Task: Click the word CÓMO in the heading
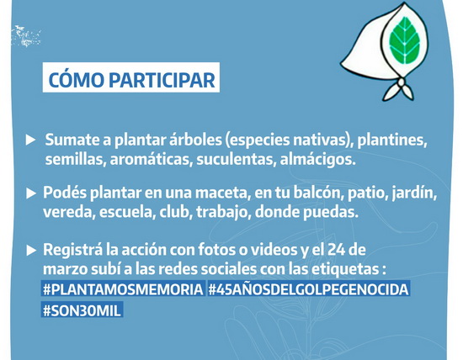pyautogui.click(x=76, y=78)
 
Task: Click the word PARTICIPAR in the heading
pyautogui.click(x=162, y=80)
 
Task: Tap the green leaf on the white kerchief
pyautogui.click(x=405, y=40)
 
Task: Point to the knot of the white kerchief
pyautogui.click(x=401, y=83)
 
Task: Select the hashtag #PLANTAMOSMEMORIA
pyautogui.click(x=123, y=289)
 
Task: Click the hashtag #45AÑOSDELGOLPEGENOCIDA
pyautogui.click(x=309, y=289)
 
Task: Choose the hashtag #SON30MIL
pyautogui.click(x=82, y=310)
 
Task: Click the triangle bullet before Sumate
pyautogui.click(x=30, y=140)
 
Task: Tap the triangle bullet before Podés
pyautogui.click(x=30, y=193)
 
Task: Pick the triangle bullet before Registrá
pyautogui.click(x=30, y=250)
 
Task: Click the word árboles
pyautogui.click(x=195, y=140)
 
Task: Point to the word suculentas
pyautogui.click(x=237, y=160)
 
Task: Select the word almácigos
pyautogui.click(x=317, y=160)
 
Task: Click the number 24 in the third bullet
pyautogui.click(x=335, y=250)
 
